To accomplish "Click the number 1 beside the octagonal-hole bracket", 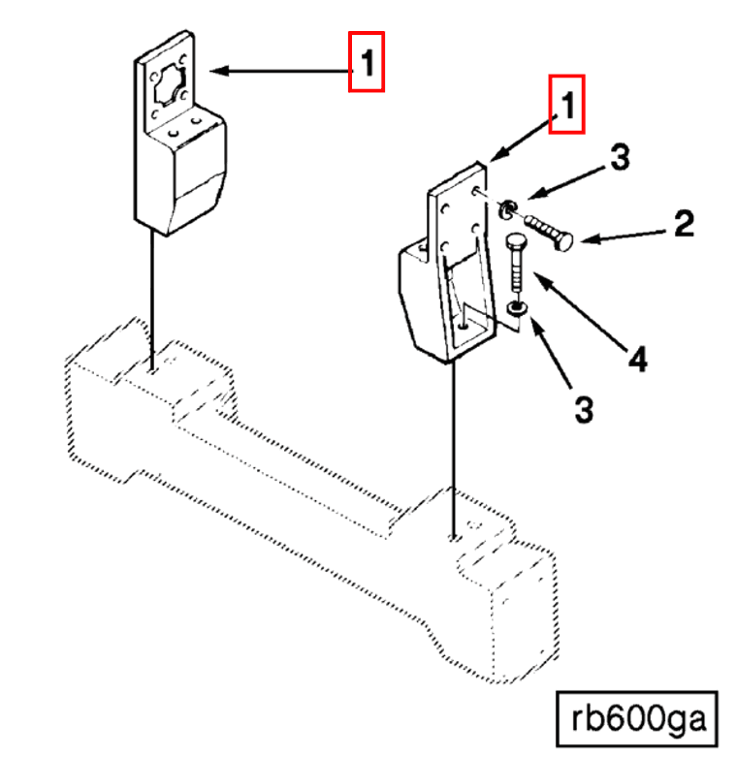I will [368, 63].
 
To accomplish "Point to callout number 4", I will [636, 361].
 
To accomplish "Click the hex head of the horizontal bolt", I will [564, 240].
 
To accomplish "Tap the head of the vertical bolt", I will [516, 242].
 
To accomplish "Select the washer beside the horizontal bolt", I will [508, 208].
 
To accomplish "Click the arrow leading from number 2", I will [621, 236].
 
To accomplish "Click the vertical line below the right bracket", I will [453, 446].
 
